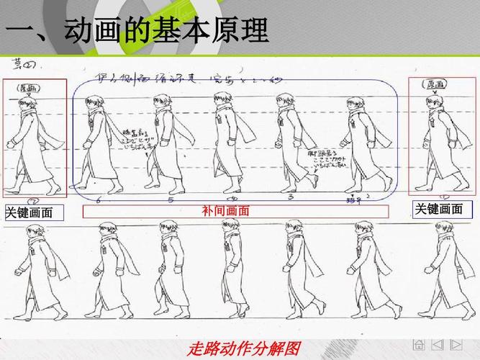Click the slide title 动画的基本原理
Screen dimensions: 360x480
tap(166, 30)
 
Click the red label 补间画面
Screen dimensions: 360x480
tap(235, 211)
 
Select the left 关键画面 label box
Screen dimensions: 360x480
tap(34, 212)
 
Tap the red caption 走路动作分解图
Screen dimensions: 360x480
tap(243, 349)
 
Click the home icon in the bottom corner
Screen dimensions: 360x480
tap(419, 346)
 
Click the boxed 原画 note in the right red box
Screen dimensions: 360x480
tap(435, 84)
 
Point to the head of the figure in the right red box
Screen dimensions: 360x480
tap(436, 102)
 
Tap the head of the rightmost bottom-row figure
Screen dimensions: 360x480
tap(442, 231)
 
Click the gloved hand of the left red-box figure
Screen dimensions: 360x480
tap(10, 144)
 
